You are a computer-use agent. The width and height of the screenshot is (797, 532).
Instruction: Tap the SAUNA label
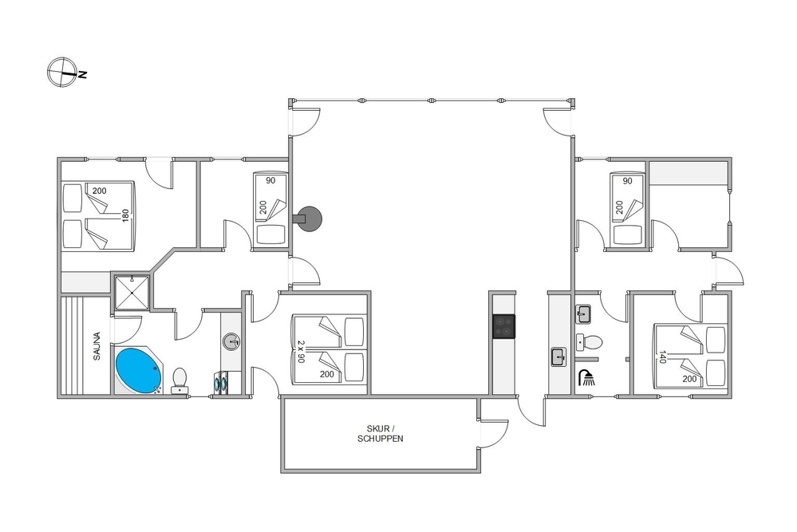coord(97,346)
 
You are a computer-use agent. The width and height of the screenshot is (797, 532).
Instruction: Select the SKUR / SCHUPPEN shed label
coord(381,433)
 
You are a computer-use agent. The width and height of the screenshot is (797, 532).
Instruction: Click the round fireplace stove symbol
coord(309,219)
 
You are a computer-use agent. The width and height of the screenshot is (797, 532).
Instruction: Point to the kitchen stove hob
coord(503,326)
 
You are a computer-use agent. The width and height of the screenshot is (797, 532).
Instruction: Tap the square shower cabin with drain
coord(132,293)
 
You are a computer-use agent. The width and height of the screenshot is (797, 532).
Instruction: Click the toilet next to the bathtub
coord(180,380)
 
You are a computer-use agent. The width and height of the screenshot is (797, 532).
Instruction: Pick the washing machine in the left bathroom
coord(221,382)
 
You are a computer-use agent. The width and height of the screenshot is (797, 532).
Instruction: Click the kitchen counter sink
coord(559,357)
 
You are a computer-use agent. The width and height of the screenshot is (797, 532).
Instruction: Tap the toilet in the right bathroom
coord(590,342)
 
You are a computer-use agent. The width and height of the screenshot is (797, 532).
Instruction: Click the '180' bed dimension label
coord(125,215)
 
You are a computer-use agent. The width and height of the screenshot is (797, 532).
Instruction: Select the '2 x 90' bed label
coord(301,352)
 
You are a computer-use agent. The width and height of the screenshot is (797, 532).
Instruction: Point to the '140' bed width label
coord(662,357)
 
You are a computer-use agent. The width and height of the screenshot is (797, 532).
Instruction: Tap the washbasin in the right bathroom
coord(583,314)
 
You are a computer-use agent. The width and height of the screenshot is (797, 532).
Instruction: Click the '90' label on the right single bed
coord(628,181)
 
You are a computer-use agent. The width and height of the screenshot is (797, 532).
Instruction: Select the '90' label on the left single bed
coord(270,180)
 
